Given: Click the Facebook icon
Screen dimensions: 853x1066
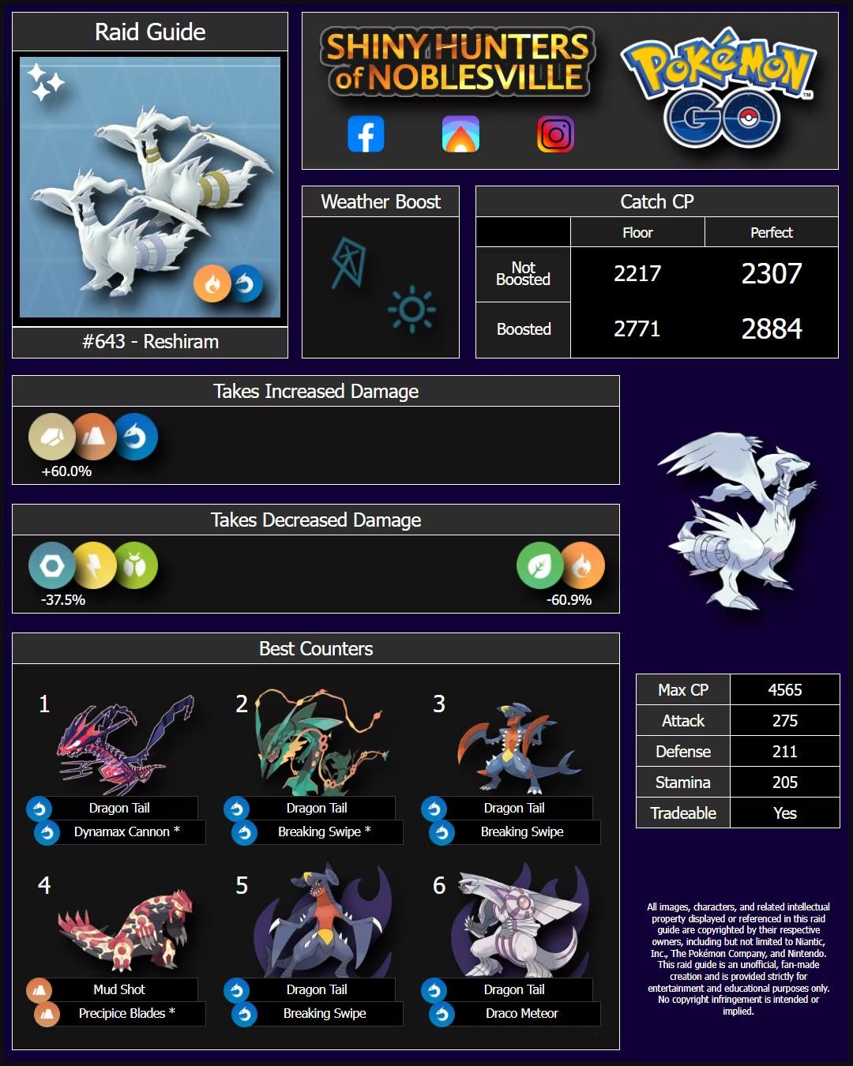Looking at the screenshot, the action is (x=366, y=133).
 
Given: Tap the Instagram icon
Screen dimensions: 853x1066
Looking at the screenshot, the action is (x=555, y=133).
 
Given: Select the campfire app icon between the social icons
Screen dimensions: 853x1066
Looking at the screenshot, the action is (x=460, y=133).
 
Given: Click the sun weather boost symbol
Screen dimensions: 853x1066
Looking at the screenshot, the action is (x=411, y=309).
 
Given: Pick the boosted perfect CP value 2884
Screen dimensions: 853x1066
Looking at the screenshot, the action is (x=771, y=328).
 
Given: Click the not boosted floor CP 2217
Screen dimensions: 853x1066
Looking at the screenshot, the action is (x=637, y=273).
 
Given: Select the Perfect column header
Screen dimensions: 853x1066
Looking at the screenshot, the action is (x=771, y=232).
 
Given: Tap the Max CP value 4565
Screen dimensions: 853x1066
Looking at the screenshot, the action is (x=785, y=689).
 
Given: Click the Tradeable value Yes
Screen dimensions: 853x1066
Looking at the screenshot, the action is (x=785, y=813).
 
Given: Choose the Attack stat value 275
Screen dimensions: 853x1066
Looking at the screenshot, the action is (x=785, y=720).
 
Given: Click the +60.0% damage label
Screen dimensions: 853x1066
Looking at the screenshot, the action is (x=66, y=471).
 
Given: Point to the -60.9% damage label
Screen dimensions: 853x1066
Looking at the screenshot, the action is (x=569, y=600).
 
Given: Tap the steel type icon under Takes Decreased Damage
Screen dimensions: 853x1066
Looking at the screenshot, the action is (x=51, y=565).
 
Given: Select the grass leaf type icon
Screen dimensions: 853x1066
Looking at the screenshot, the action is (x=539, y=565).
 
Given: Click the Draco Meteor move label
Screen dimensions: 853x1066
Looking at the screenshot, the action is (x=522, y=1013).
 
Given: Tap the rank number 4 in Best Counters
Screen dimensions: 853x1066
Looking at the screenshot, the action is (x=44, y=885).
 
